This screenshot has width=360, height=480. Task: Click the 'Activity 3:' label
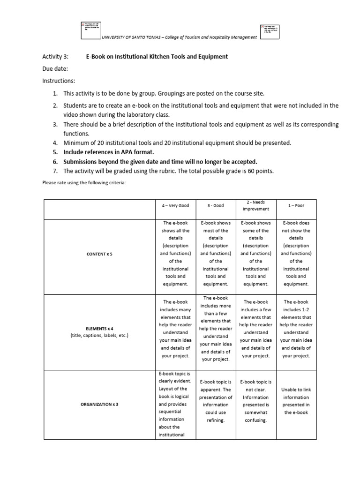55,57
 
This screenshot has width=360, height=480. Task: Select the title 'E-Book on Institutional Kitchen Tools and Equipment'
157,57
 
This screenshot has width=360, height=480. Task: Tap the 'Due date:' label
55,69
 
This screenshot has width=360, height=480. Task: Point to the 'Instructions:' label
59,81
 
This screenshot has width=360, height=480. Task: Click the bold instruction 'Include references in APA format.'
109,152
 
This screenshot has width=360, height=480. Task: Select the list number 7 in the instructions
54,171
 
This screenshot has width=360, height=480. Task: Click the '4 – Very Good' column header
175,205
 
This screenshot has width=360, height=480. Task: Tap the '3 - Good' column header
216,205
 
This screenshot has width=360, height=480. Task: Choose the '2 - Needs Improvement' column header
256,205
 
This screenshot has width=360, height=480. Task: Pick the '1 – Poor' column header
296,205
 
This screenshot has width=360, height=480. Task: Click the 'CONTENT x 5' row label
99,254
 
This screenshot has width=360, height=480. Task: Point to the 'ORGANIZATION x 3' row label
99,404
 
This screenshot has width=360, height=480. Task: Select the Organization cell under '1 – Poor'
296,401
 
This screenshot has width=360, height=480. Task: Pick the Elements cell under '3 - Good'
216,329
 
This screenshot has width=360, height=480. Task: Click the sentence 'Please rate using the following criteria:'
85,183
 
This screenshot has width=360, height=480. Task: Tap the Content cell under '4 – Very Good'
175,254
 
